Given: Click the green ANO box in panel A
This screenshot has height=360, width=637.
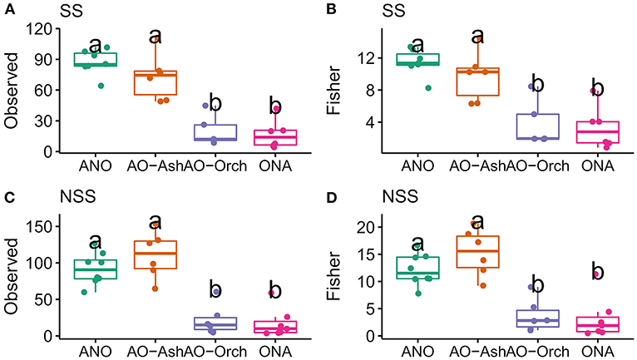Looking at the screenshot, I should [x=96, y=59].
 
